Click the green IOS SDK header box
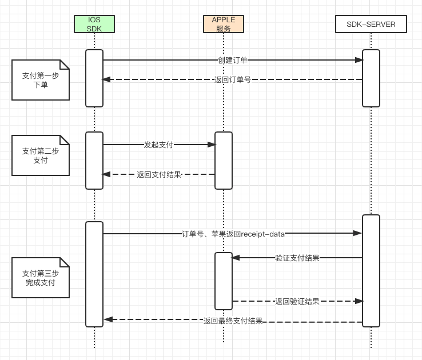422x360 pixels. [x=94, y=24]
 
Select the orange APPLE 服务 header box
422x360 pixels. [x=224, y=24]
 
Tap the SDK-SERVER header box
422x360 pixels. [x=371, y=24]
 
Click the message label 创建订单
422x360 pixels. [x=233, y=60]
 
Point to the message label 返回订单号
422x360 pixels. [x=233, y=79]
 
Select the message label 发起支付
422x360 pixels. [x=158, y=145]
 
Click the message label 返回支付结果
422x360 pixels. [x=158, y=174]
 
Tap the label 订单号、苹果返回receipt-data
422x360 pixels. [x=233, y=233]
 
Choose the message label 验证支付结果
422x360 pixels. [x=297, y=258]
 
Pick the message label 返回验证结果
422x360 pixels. [x=297, y=301]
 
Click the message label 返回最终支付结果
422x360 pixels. [x=233, y=321]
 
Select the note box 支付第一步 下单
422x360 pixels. [x=41, y=79]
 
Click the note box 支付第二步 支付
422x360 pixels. [x=41, y=155]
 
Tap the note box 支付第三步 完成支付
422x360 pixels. [x=41, y=278]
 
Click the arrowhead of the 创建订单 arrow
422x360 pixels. [x=359, y=60]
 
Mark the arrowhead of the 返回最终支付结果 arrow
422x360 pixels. [x=108, y=319]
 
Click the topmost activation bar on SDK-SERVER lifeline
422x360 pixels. [x=371, y=78]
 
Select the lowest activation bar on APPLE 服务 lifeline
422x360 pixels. [x=224, y=281]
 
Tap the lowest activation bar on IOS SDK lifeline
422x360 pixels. [x=94, y=274]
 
